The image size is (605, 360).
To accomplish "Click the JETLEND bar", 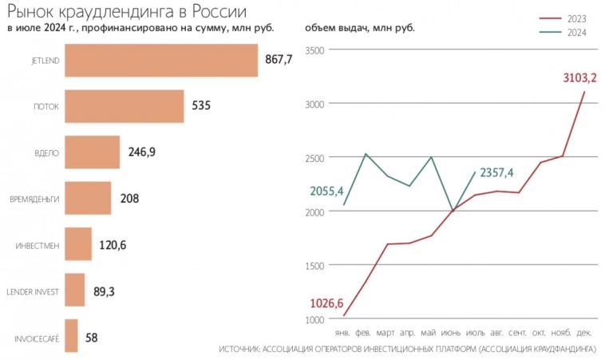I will coord(160,61).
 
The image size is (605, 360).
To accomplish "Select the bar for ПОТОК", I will coord(124,106).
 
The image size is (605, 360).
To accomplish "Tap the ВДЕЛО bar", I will coord(92,152).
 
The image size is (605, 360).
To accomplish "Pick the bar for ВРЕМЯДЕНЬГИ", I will coord(87,198).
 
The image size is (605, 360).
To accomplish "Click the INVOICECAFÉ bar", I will coord(71,336).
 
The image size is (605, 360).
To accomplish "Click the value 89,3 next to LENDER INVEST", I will coord(104,291).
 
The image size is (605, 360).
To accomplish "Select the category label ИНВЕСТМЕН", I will coord(38,246).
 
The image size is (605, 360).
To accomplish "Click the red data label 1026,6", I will coord(327,303).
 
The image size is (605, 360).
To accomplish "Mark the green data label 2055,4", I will coord(327,191).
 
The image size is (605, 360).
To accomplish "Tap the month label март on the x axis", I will coord(386,331).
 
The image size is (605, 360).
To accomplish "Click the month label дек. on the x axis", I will coord(583,331).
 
